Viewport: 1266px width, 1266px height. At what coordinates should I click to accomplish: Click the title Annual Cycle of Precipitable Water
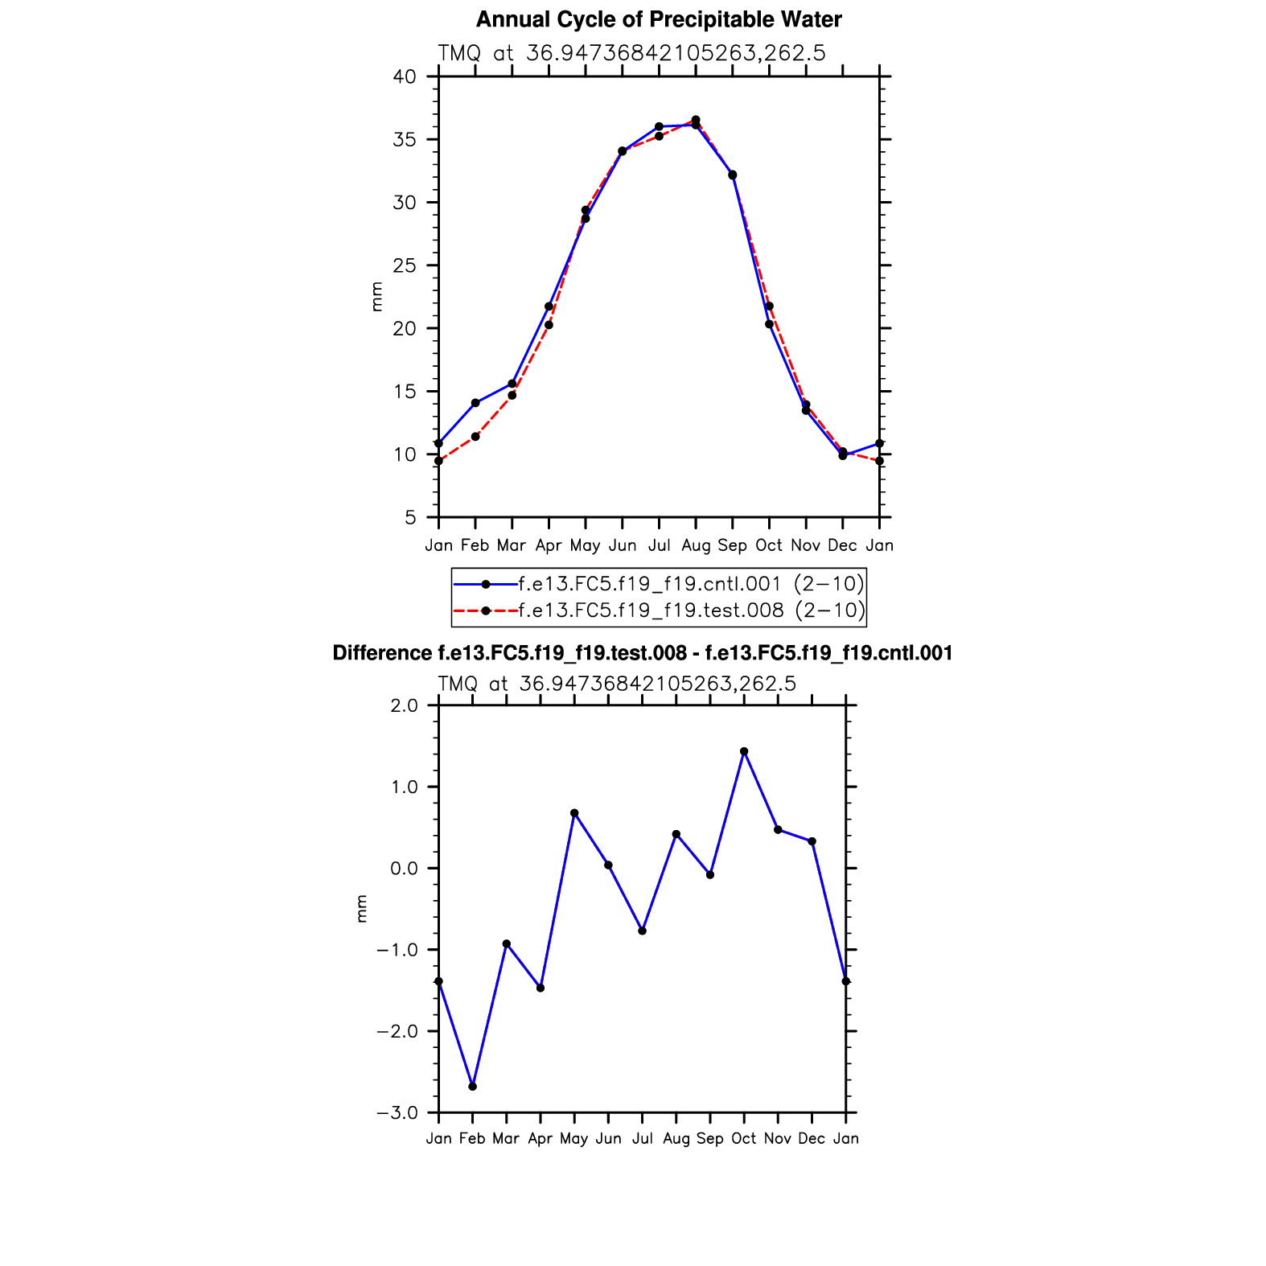[659, 19]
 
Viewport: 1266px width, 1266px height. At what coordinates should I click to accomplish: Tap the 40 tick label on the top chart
[405, 77]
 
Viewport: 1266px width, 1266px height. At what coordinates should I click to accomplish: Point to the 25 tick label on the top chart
[405, 265]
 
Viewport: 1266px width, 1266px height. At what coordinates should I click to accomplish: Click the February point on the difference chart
[472, 1087]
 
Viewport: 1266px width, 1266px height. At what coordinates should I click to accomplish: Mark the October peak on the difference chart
[744, 751]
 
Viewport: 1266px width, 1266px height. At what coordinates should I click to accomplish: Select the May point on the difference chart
[574, 813]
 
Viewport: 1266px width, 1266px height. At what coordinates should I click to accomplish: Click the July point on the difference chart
[642, 931]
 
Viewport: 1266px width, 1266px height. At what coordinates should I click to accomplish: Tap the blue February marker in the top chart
[475, 403]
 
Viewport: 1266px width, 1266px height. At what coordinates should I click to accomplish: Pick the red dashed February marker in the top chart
[475, 437]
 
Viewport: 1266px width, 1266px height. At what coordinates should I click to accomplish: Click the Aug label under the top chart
[696, 546]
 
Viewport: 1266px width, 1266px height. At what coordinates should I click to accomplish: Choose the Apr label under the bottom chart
[541, 1139]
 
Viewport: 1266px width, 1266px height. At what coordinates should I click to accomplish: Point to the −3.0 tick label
[397, 1113]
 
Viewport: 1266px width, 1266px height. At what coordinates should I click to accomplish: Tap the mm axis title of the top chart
[376, 297]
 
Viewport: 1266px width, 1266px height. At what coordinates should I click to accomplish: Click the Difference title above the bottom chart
[642, 653]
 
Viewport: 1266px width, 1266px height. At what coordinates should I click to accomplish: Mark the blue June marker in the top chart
[622, 151]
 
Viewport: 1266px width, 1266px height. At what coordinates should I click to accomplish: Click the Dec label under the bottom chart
[812, 1139]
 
